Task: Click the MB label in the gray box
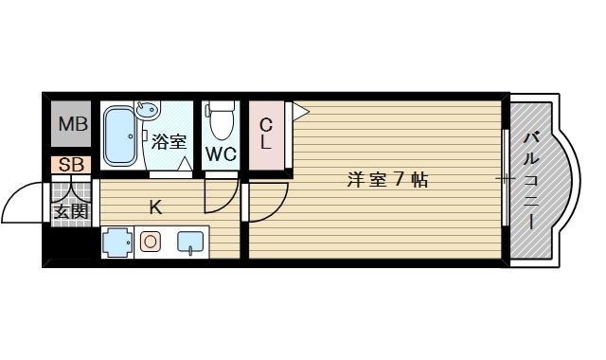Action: pyautogui.click(x=72, y=124)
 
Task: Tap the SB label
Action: pyautogui.click(x=71, y=165)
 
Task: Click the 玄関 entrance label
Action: pyautogui.click(x=70, y=210)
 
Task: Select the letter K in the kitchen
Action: pyautogui.click(x=155, y=206)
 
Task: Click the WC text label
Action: pyautogui.click(x=221, y=153)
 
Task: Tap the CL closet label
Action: pyautogui.click(x=266, y=134)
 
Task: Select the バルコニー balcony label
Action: pyautogui.click(x=531, y=179)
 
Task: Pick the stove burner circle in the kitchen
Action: pyautogui.click(x=150, y=242)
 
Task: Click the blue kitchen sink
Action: pyautogui.click(x=190, y=243)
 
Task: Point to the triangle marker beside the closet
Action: pyautogui.click(x=300, y=113)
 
